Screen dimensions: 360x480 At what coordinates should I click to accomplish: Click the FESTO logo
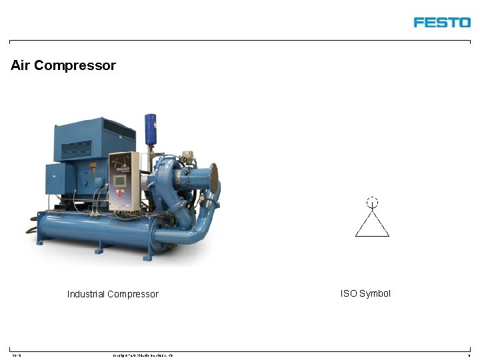pos(441,23)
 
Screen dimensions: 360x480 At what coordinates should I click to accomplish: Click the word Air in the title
pos(20,65)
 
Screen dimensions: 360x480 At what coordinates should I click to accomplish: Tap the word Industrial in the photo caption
pos(86,294)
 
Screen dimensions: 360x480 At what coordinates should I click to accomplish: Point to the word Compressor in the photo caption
pos(133,294)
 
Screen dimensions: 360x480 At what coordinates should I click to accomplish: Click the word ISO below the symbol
pos(349,293)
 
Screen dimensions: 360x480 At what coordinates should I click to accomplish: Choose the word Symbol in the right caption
pos(375,293)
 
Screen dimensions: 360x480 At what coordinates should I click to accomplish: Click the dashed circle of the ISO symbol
pos(372,201)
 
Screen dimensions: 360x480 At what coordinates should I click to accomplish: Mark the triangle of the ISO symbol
pos(372,225)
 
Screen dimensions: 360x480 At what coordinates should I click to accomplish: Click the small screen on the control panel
pos(120,181)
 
